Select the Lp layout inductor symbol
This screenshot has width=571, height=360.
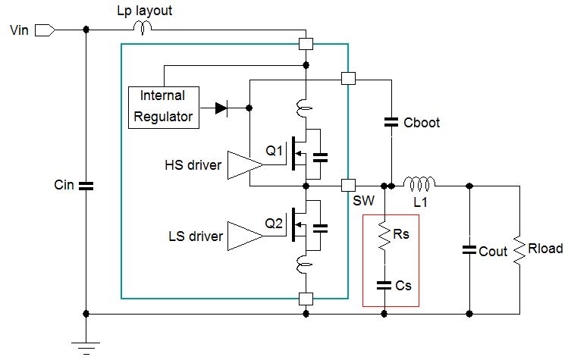point(143,29)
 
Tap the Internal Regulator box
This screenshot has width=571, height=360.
point(163,106)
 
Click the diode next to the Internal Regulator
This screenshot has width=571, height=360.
point(221,108)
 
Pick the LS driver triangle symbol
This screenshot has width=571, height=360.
point(244,236)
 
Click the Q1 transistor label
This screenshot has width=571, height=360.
point(275,151)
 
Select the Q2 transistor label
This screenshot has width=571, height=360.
point(275,223)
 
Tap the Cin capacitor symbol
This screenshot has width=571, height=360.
point(86,185)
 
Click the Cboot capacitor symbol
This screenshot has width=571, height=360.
point(391,121)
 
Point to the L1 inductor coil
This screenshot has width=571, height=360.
point(419,183)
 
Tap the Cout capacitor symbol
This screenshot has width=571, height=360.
point(469,250)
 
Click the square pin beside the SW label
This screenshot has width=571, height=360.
point(348,184)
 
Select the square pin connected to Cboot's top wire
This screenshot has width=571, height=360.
point(348,78)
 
